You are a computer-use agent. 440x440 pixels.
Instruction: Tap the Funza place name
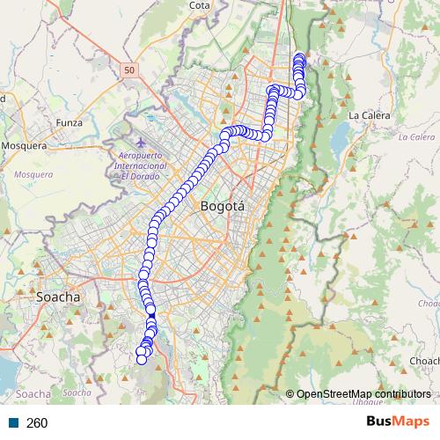click(x=68, y=122)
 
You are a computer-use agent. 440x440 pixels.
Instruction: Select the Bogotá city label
click(x=223, y=207)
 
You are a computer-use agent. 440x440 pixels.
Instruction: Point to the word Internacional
click(x=142, y=165)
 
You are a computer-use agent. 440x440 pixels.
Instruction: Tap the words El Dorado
click(x=142, y=175)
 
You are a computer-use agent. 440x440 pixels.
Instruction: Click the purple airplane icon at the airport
click(x=143, y=142)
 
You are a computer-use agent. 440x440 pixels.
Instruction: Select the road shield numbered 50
click(x=130, y=70)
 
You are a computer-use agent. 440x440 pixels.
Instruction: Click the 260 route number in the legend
click(x=37, y=423)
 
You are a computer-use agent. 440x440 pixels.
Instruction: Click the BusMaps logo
click(x=399, y=422)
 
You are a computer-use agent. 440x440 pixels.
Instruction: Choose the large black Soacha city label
click(x=58, y=297)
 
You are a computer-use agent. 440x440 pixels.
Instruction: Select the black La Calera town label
click(x=369, y=115)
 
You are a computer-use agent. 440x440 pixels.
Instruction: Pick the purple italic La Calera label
click(x=416, y=137)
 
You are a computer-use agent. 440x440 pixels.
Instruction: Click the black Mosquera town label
click(x=24, y=145)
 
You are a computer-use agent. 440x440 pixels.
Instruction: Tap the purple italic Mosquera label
click(x=33, y=174)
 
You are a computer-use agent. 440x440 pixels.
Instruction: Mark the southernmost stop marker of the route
click(x=141, y=359)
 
